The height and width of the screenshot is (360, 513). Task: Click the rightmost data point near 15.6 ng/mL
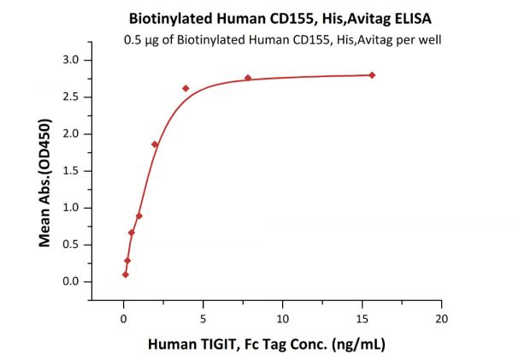(372, 75)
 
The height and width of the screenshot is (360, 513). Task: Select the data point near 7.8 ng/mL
(248, 78)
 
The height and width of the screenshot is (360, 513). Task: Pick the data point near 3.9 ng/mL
(186, 88)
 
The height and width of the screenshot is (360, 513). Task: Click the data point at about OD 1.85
(155, 144)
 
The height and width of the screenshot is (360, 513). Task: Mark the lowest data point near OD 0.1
(126, 274)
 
